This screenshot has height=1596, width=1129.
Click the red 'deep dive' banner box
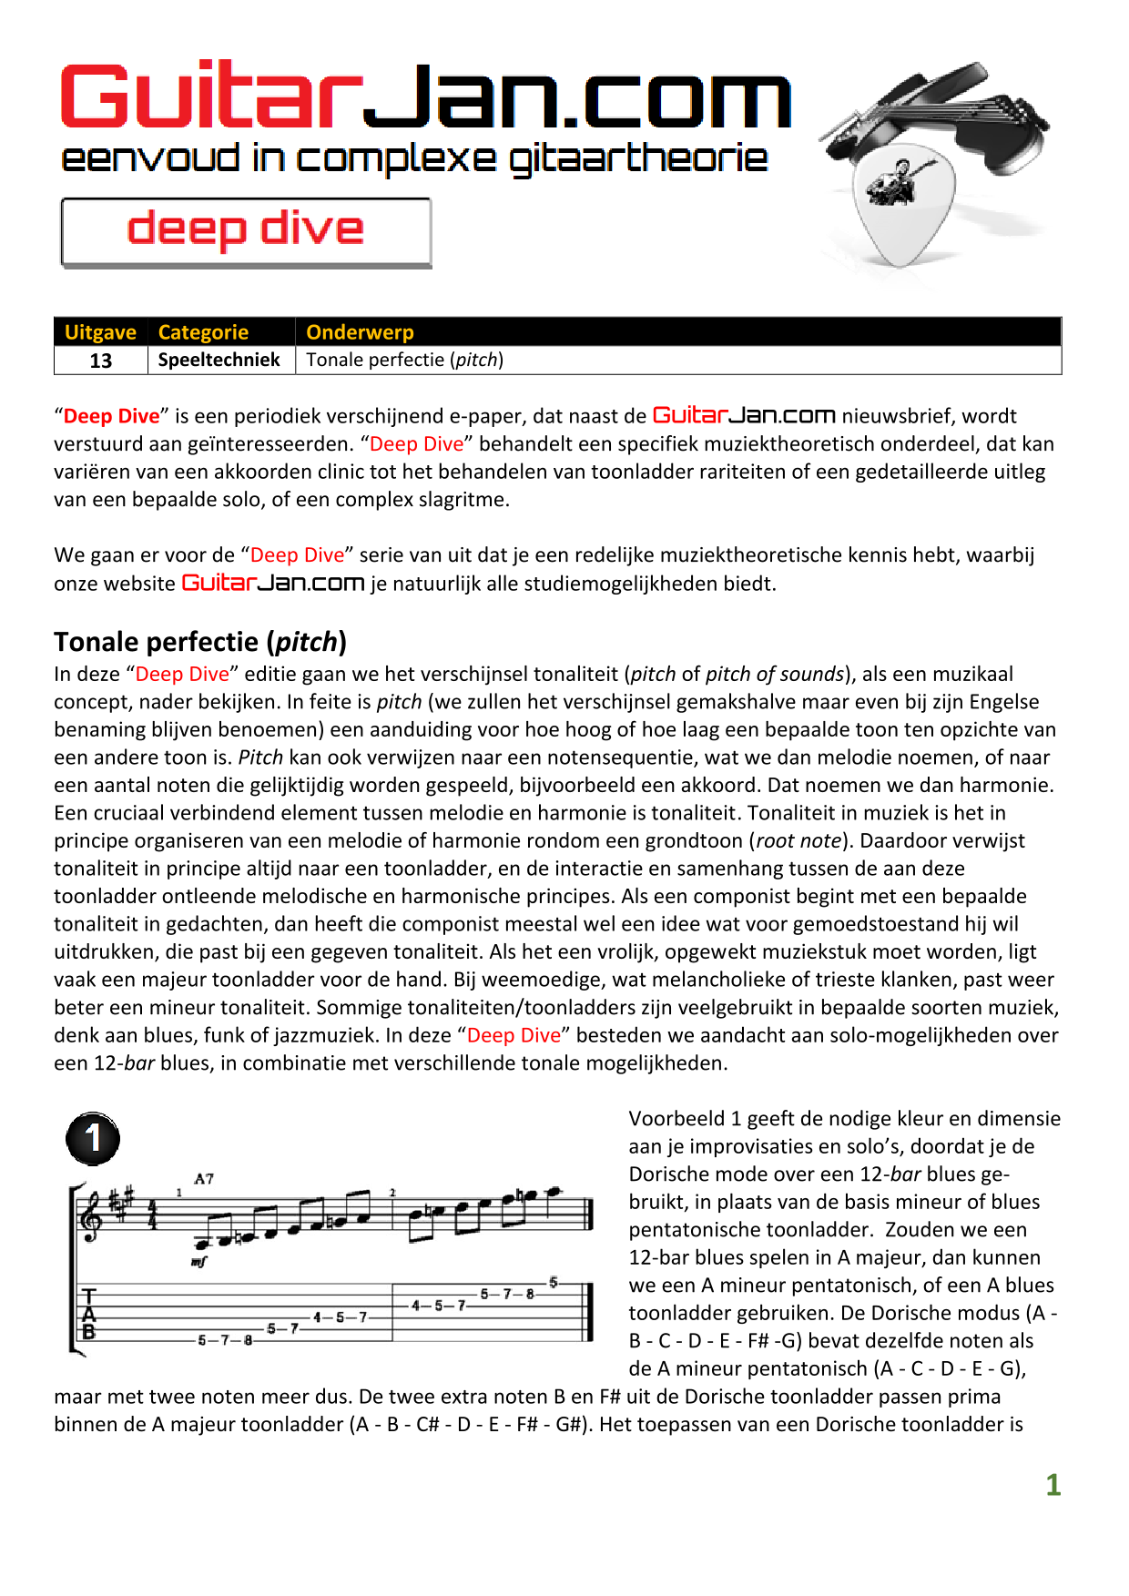tap(246, 231)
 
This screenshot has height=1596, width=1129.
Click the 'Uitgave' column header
tap(100, 332)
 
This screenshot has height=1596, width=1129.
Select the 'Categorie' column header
tap(203, 332)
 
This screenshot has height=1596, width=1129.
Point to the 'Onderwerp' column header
tap(360, 332)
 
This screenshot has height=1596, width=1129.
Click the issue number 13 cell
tap(100, 361)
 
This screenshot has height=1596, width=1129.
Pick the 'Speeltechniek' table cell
tap(219, 360)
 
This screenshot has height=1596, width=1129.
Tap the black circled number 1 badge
tap(93, 1138)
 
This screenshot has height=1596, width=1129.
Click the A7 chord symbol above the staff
tap(204, 1179)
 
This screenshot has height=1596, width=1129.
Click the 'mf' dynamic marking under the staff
tap(198, 1262)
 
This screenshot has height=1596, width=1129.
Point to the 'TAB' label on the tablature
tap(88, 1314)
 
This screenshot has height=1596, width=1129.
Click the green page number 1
tap(1053, 1485)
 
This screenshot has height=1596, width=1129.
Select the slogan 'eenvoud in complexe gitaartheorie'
tap(414, 159)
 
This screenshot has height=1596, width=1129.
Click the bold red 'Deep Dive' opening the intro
tap(111, 416)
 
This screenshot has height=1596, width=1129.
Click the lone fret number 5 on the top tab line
tap(553, 1282)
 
